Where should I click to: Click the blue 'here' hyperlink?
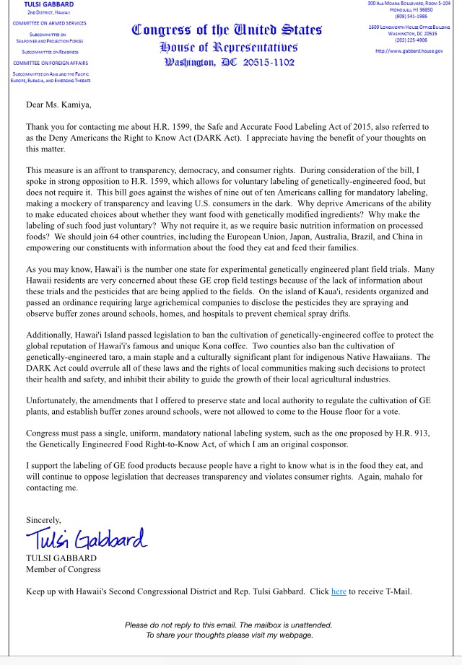pos(339,592)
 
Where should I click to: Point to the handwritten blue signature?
pos(86,537)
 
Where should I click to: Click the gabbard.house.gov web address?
pos(409,52)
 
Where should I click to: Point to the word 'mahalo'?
pos(401,477)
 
